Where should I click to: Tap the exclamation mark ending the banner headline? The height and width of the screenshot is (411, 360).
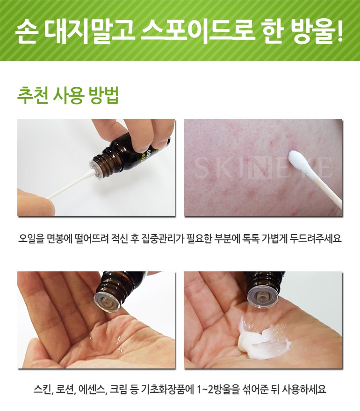[x=339, y=31]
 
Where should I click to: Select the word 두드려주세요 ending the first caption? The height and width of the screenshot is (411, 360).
[x=316, y=239]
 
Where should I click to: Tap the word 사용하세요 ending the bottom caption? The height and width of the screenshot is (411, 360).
[x=304, y=389]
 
